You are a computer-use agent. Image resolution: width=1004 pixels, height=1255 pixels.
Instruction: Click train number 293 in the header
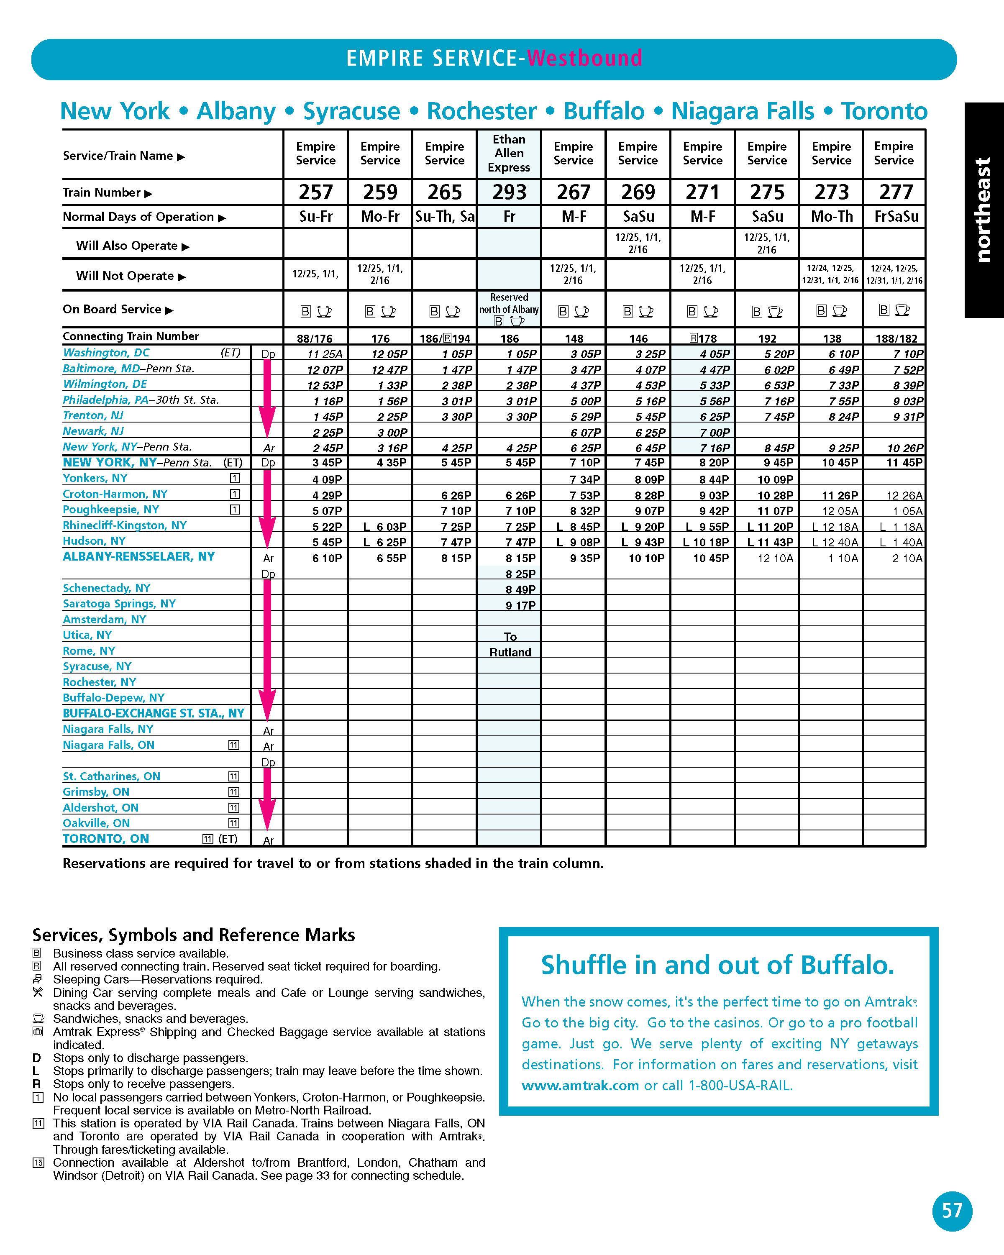coord(509,192)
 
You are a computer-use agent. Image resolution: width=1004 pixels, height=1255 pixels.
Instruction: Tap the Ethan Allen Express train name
coord(509,154)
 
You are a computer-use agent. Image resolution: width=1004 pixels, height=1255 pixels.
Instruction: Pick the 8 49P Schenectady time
coord(520,590)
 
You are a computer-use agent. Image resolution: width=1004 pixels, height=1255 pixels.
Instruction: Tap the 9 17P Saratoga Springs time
coord(520,605)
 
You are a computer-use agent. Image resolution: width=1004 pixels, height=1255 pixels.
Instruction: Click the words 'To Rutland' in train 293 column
coord(510,644)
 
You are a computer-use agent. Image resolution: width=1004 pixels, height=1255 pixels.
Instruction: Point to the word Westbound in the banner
coord(584,58)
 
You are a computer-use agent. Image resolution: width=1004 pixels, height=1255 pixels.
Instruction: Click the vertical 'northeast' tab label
coord(983,210)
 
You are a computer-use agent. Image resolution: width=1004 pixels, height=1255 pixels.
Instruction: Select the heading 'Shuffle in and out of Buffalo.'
coord(717,966)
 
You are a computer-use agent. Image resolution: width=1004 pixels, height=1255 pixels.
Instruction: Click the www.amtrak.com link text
coord(580,1085)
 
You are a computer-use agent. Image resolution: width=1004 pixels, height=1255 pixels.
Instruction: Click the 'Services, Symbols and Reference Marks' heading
coord(193,935)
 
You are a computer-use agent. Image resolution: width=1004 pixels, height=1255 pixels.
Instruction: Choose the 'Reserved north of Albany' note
coord(509,303)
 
